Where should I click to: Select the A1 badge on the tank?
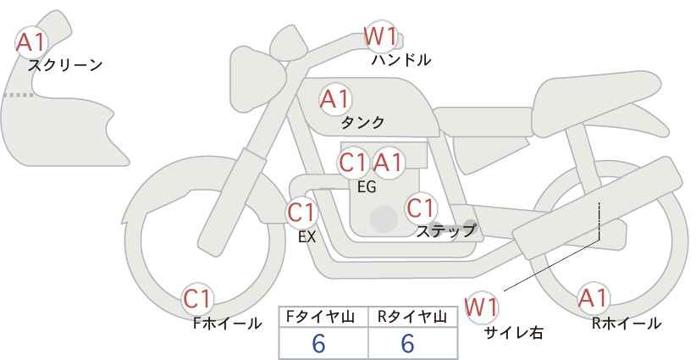point(334,99)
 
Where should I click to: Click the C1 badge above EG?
point(353,162)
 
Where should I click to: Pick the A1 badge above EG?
point(388,162)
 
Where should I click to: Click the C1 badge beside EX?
point(301,212)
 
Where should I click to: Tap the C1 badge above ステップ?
point(421,208)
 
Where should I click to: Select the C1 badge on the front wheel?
point(199,298)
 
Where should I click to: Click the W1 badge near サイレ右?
point(482,306)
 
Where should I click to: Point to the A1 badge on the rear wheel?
point(593,298)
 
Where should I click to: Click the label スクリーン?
point(65,64)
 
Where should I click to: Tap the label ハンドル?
point(401,60)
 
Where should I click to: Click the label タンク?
point(362,121)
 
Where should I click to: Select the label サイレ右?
point(513,332)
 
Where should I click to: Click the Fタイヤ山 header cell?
point(323,316)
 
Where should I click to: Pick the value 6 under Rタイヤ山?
point(406,344)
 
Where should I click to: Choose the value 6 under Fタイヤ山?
point(318,344)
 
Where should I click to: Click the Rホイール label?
point(627,323)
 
